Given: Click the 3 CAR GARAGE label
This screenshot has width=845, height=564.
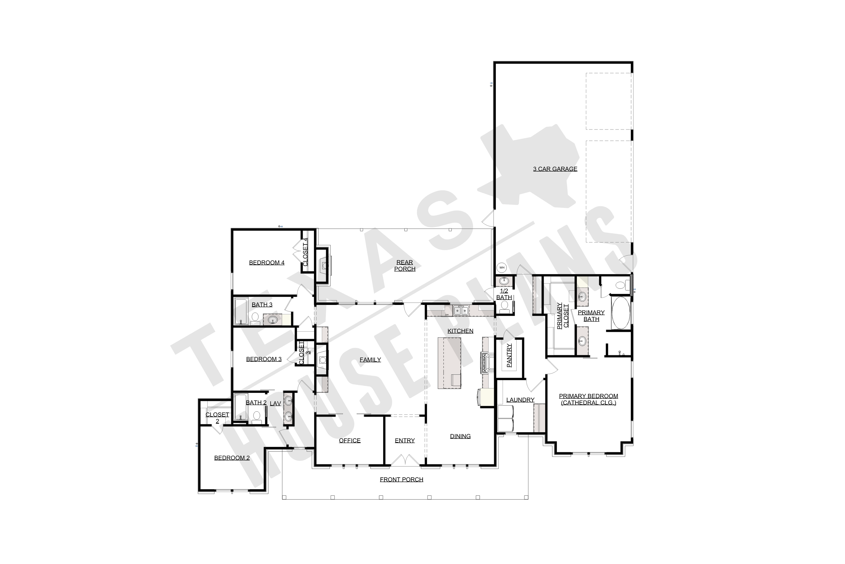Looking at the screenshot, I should click(x=555, y=169).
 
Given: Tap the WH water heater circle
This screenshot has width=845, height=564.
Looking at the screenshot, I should click(x=502, y=268).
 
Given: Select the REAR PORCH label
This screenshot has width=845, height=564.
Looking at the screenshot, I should click(x=404, y=265).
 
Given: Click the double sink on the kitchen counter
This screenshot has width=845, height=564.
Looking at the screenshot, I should click(x=461, y=310).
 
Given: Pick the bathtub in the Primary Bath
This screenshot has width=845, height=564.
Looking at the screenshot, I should click(x=621, y=313).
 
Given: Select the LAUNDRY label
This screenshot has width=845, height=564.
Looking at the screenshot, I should click(x=520, y=400).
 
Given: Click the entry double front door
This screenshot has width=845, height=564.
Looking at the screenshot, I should click(x=405, y=461).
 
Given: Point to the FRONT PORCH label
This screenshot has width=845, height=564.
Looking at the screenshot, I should click(x=401, y=479).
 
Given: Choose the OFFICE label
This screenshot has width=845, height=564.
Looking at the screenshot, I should click(x=350, y=440).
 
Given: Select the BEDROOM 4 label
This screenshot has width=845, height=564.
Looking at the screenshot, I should click(x=266, y=263).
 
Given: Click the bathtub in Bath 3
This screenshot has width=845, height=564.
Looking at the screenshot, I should click(x=240, y=311).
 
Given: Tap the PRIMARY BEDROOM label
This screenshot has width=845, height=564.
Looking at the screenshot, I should click(x=588, y=399).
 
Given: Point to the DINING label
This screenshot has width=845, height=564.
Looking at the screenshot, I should click(x=460, y=436).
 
